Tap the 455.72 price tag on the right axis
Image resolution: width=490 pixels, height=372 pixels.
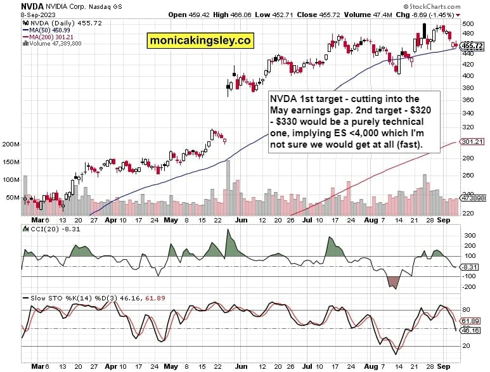coord(472,46)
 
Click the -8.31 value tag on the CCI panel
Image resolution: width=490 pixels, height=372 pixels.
coord(470,268)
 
